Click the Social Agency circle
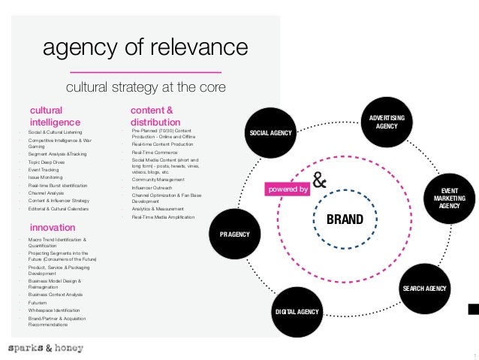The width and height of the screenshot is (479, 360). point(270,134)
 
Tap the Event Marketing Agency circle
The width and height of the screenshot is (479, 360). point(450,197)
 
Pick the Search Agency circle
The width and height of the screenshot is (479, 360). point(424,289)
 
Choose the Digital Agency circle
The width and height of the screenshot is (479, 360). point(297,311)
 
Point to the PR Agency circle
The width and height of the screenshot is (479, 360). point(234,234)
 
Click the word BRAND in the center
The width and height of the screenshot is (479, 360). point(345,220)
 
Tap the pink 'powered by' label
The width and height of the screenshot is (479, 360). point(288,190)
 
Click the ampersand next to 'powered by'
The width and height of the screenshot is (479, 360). point(319,182)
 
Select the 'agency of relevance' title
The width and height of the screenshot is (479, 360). point(145,49)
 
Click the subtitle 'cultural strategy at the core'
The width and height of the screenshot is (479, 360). point(146,88)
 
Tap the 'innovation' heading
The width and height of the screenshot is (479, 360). point(52,226)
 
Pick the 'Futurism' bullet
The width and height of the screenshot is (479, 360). point(38,302)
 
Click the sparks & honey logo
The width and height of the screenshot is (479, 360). point(46,349)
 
